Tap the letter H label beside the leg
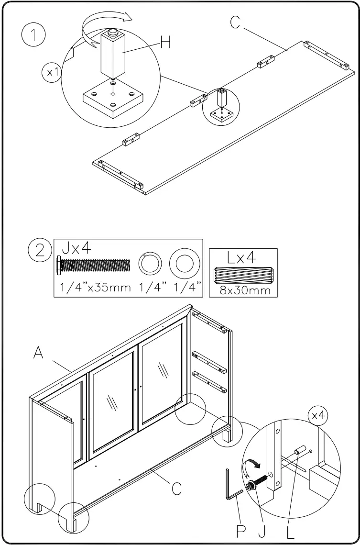pyautogui.click(x=165, y=43)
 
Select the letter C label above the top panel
pyautogui.click(x=235, y=22)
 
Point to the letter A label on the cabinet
pyautogui.click(x=40, y=353)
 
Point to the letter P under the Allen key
pyautogui.click(x=240, y=531)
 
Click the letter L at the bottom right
pyautogui.click(x=291, y=531)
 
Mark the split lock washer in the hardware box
pyautogui.click(x=149, y=264)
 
